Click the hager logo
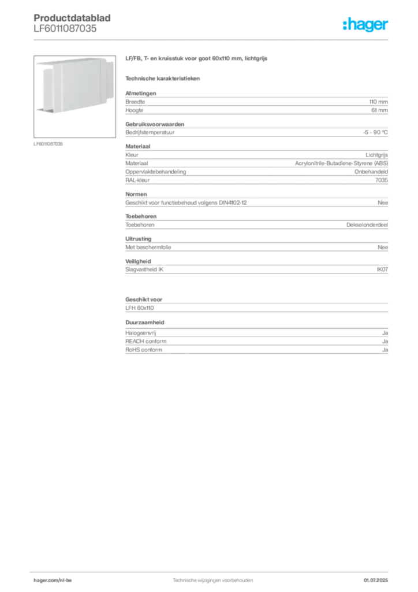pyautogui.click(x=365, y=24)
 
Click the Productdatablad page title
pyautogui.click(x=72, y=18)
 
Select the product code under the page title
pyautogui.click(x=65, y=28)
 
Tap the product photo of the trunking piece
pyautogui.click(x=74, y=97)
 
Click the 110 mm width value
pyautogui.click(x=378, y=102)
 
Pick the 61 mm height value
pyautogui.click(x=379, y=110)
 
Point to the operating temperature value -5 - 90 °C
pyautogui.click(x=375, y=132)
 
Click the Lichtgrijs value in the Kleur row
pyautogui.click(x=376, y=155)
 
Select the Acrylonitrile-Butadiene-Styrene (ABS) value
pyautogui.click(x=341, y=164)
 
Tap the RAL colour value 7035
pyautogui.click(x=382, y=180)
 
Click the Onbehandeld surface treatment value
pyautogui.click(x=371, y=172)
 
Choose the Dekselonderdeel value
pyautogui.click(x=367, y=225)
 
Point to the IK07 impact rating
pyautogui.click(x=382, y=269)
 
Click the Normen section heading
pyautogui.click(x=136, y=194)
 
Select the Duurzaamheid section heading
pyautogui.click(x=145, y=323)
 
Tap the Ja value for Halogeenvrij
pyautogui.click(x=385, y=333)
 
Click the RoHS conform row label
pyautogui.click(x=144, y=350)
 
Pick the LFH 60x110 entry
pyautogui.click(x=140, y=308)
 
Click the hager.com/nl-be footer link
pyautogui.click(x=53, y=580)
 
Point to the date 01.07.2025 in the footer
pyautogui.click(x=376, y=580)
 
